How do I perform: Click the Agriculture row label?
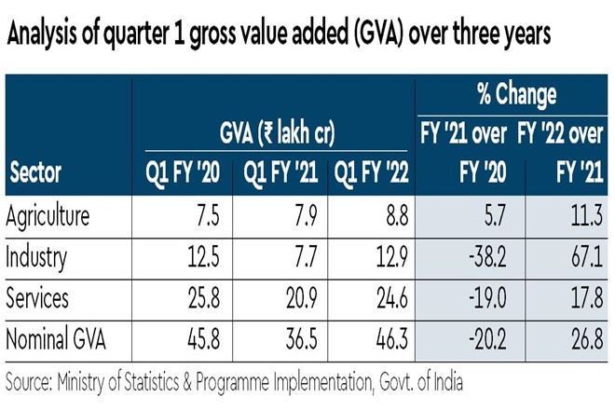click(48, 216)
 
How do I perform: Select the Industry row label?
click(36, 256)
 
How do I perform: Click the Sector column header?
click(35, 172)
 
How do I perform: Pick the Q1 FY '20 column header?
click(184, 172)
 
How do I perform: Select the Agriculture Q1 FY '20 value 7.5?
click(207, 216)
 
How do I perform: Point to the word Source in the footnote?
click(28, 382)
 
